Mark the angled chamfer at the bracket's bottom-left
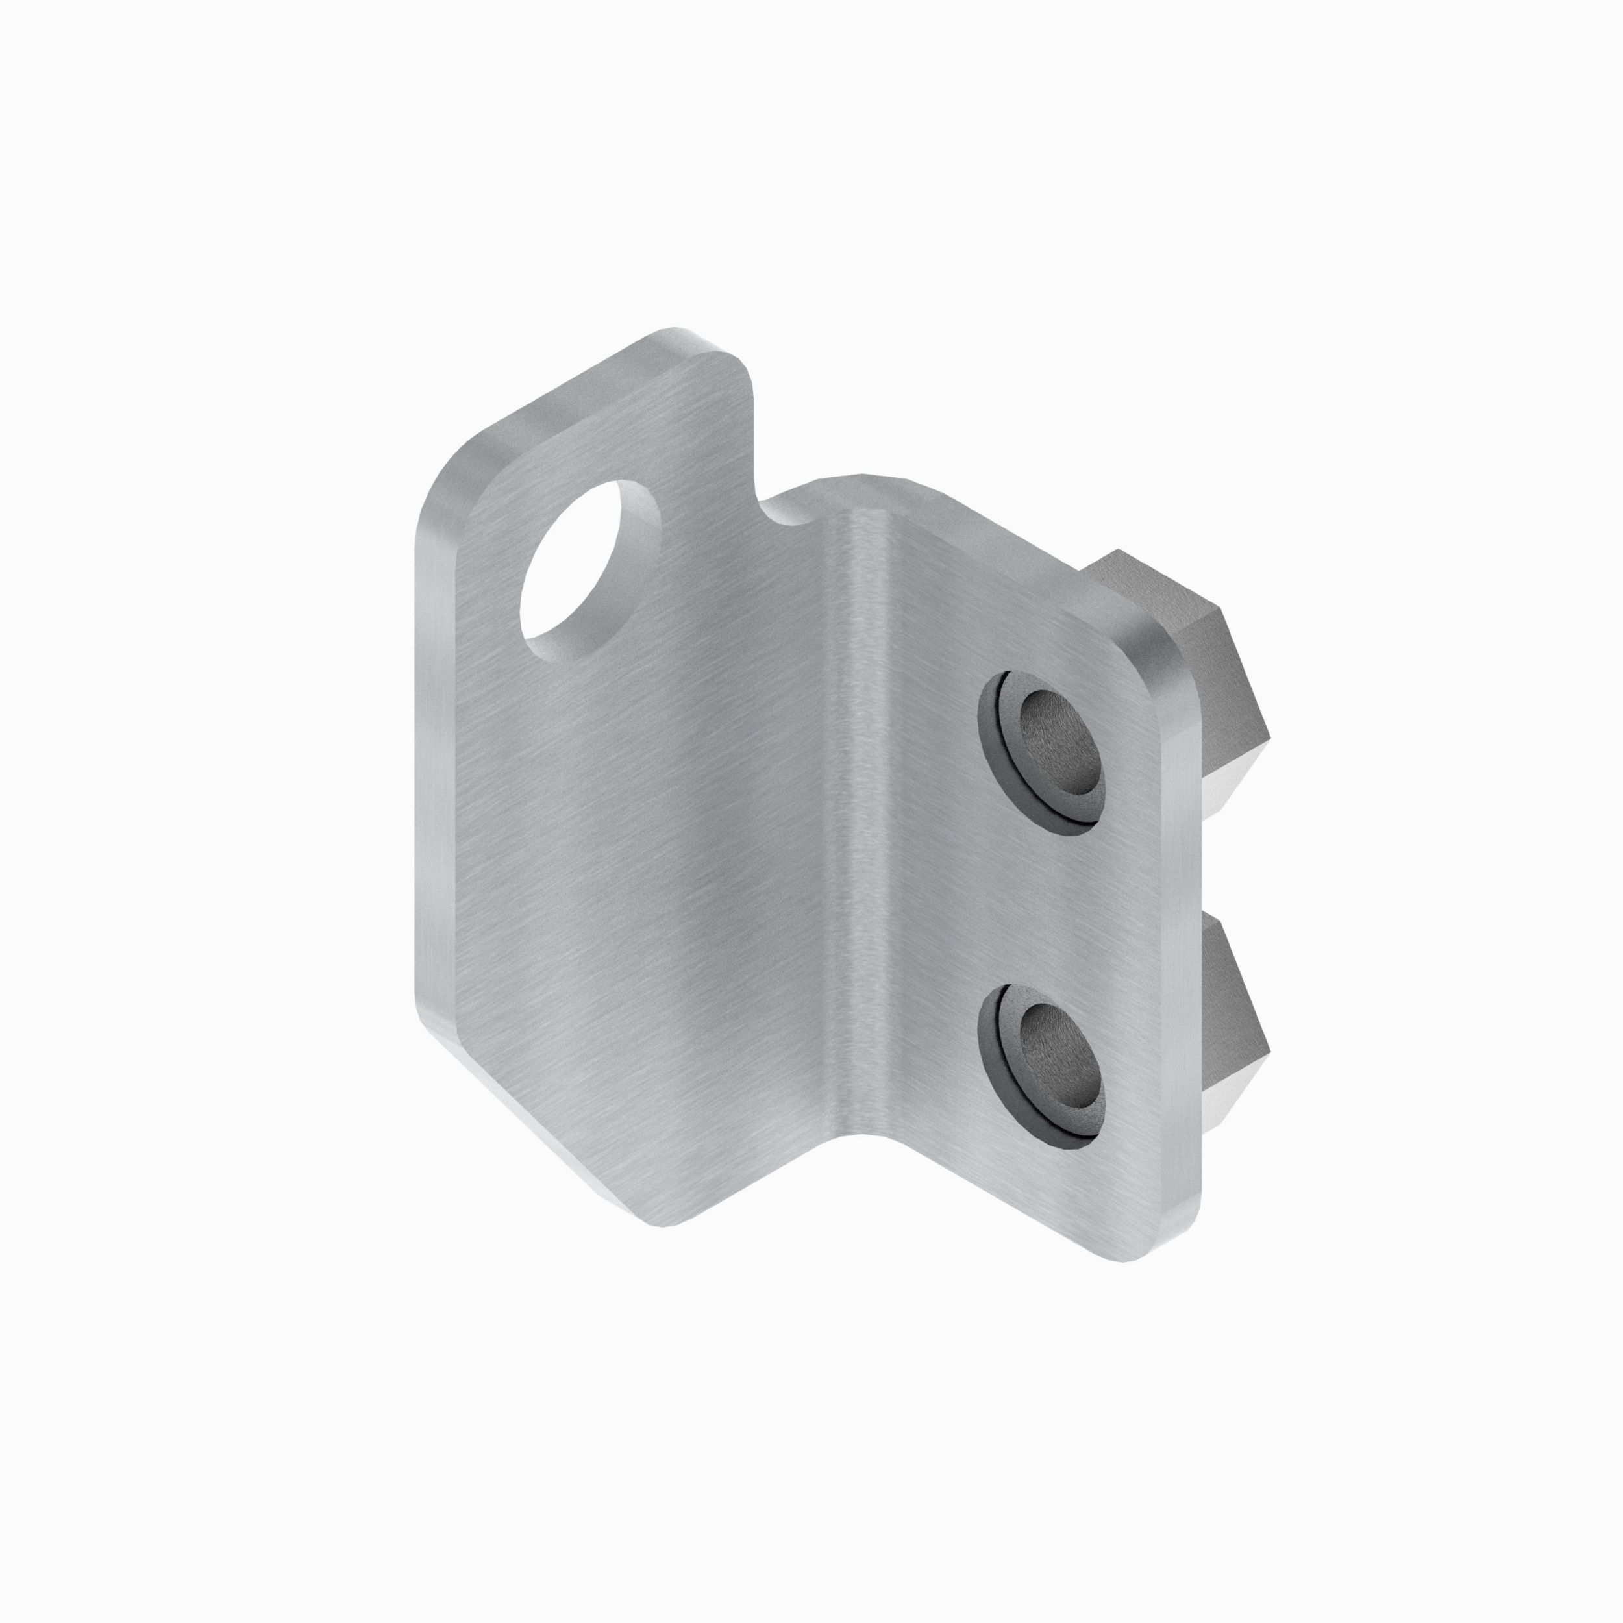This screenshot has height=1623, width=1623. pyautogui.click(x=538, y=1134)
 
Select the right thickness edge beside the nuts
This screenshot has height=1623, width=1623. pyautogui.click(x=1188, y=966)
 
